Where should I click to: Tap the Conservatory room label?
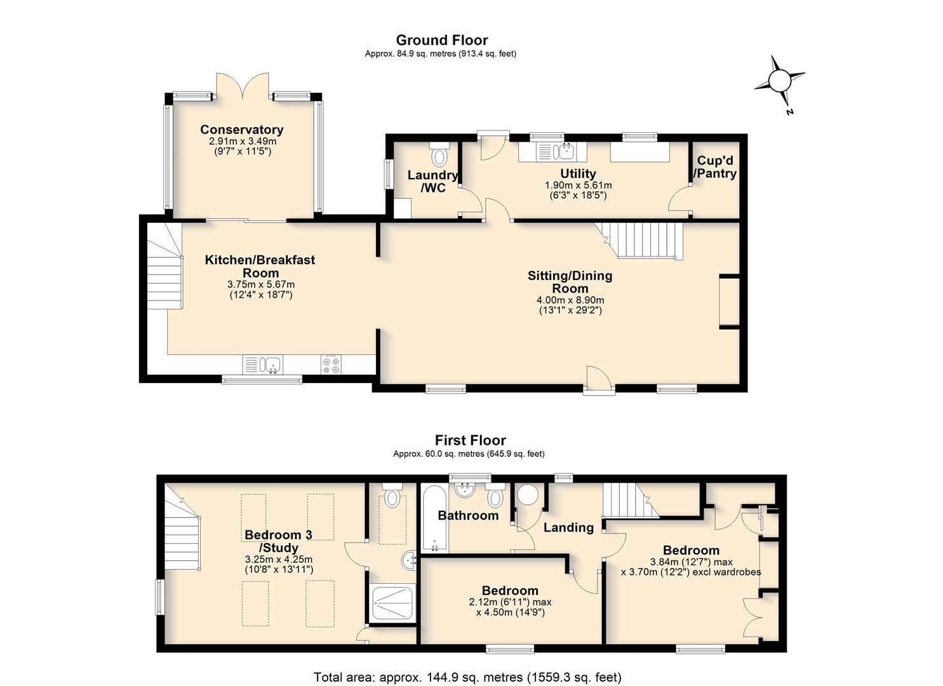pyautogui.click(x=242, y=130)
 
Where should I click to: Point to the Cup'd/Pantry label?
pyautogui.click(x=715, y=167)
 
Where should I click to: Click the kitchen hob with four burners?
pyautogui.click(x=331, y=364)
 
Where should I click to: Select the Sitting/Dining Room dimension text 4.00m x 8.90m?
pyautogui.click(x=570, y=300)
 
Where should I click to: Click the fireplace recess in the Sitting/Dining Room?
pyautogui.click(x=730, y=301)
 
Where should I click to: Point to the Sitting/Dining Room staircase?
pyautogui.click(x=640, y=241)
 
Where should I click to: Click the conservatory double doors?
pyautogui.click(x=243, y=86)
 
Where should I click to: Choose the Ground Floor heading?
pyautogui.click(x=442, y=41)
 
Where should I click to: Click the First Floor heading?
pyautogui.click(x=471, y=440)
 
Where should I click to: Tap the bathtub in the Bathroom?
pyautogui.click(x=435, y=519)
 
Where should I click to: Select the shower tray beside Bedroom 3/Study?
pyautogui.click(x=392, y=603)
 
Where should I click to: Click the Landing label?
pyautogui.click(x=568, y=528)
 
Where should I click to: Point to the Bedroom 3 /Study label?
pyautogui.click(x=278, y=541)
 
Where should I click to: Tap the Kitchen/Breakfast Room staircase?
pyautogui.click(x=164, y=267)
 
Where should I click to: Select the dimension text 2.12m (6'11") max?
pyautogui.click(x=510, y=603)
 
